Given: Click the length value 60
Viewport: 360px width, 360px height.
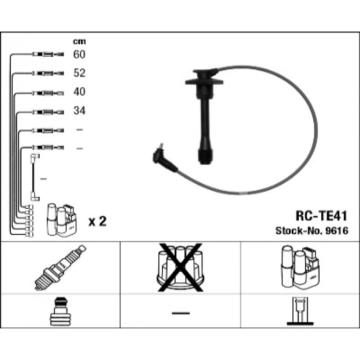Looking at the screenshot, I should point(79,54).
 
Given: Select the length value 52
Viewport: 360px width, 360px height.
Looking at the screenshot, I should point(79,73).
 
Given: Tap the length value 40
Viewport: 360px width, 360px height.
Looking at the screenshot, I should point(79,92).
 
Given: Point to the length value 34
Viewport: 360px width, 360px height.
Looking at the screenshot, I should point(79,110).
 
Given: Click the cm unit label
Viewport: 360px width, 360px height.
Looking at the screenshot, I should point(79,41).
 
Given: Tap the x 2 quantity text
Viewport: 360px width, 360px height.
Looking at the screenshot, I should point(97,221).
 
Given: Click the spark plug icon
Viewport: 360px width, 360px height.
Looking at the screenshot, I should point(60,267).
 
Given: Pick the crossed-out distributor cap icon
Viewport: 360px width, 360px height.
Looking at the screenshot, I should point(180,267).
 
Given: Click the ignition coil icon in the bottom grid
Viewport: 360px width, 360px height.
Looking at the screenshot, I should point(300,267).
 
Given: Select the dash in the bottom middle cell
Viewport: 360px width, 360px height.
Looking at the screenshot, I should point(180,312).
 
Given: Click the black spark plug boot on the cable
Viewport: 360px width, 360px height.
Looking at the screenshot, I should point(204,116).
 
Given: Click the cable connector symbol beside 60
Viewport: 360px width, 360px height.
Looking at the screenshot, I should point(48,54).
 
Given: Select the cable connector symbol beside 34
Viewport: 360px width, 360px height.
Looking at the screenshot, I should point(48,111).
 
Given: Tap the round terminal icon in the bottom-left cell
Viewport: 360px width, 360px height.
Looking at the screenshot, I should point(60,312).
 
